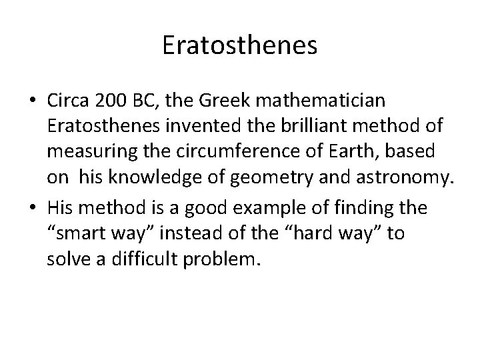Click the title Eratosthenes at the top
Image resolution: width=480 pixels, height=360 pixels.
[240, 45]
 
